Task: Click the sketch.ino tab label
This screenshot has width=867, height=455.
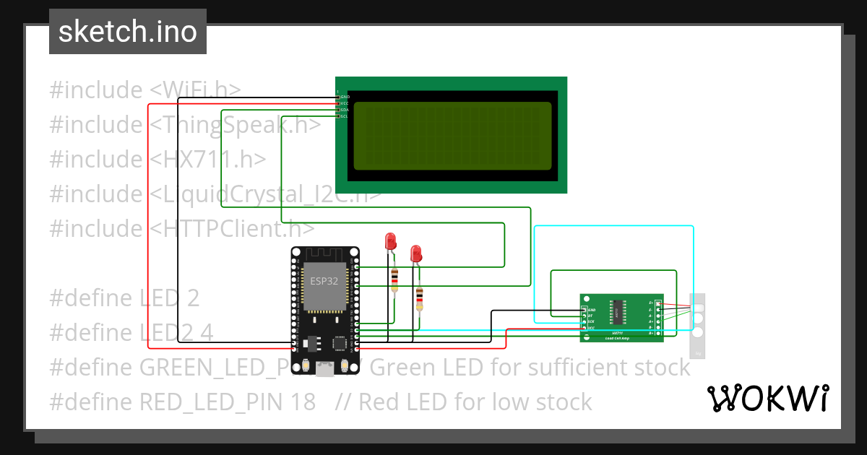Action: [127, 32]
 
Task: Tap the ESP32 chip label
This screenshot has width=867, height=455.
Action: [324, 280]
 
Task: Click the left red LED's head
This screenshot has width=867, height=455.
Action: [390, 240]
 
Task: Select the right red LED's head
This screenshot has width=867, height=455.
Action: [415, 253]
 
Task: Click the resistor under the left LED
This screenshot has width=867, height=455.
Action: [394, 279]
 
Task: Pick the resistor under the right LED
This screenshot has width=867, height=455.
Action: [419, 298]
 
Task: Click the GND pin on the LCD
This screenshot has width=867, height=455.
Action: [338, 96]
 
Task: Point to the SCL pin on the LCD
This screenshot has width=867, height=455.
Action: [338, 116]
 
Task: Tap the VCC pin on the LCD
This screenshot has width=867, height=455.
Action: [338, 103]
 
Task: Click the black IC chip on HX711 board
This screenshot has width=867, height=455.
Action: [618, 311]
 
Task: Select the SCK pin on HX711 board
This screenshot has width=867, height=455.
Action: [585, 321]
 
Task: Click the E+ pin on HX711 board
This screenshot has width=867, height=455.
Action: [657, 302]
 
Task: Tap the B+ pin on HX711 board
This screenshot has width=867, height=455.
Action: [657, 333]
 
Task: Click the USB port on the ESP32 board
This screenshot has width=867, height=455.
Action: [324, 370]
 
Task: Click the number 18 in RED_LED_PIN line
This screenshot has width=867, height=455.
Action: [304, 402]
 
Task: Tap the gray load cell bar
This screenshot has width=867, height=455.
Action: [697, 326]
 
